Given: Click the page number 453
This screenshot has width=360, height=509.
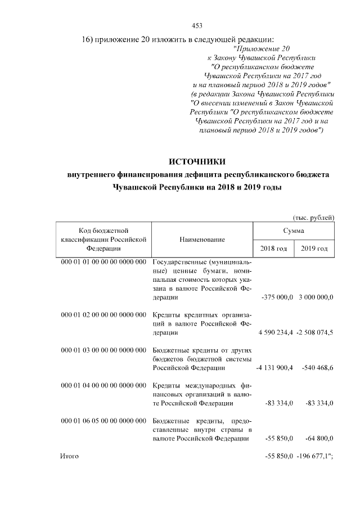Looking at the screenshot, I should [x=197, y=25].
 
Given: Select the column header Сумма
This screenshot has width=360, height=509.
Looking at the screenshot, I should [x=294, y=231].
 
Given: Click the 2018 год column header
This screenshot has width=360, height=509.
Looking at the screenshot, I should [x=273, y=249].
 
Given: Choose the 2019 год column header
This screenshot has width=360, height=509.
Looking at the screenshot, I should [x=314, y=249].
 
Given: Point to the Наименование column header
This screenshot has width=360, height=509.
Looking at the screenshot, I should [x=202, y=240].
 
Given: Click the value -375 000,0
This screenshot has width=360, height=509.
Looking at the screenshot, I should [x=278, y=297].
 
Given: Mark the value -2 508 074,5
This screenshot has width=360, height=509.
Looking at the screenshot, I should [x=315, y=332].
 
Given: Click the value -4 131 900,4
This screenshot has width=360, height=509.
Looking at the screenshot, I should [x=275, y=368].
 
